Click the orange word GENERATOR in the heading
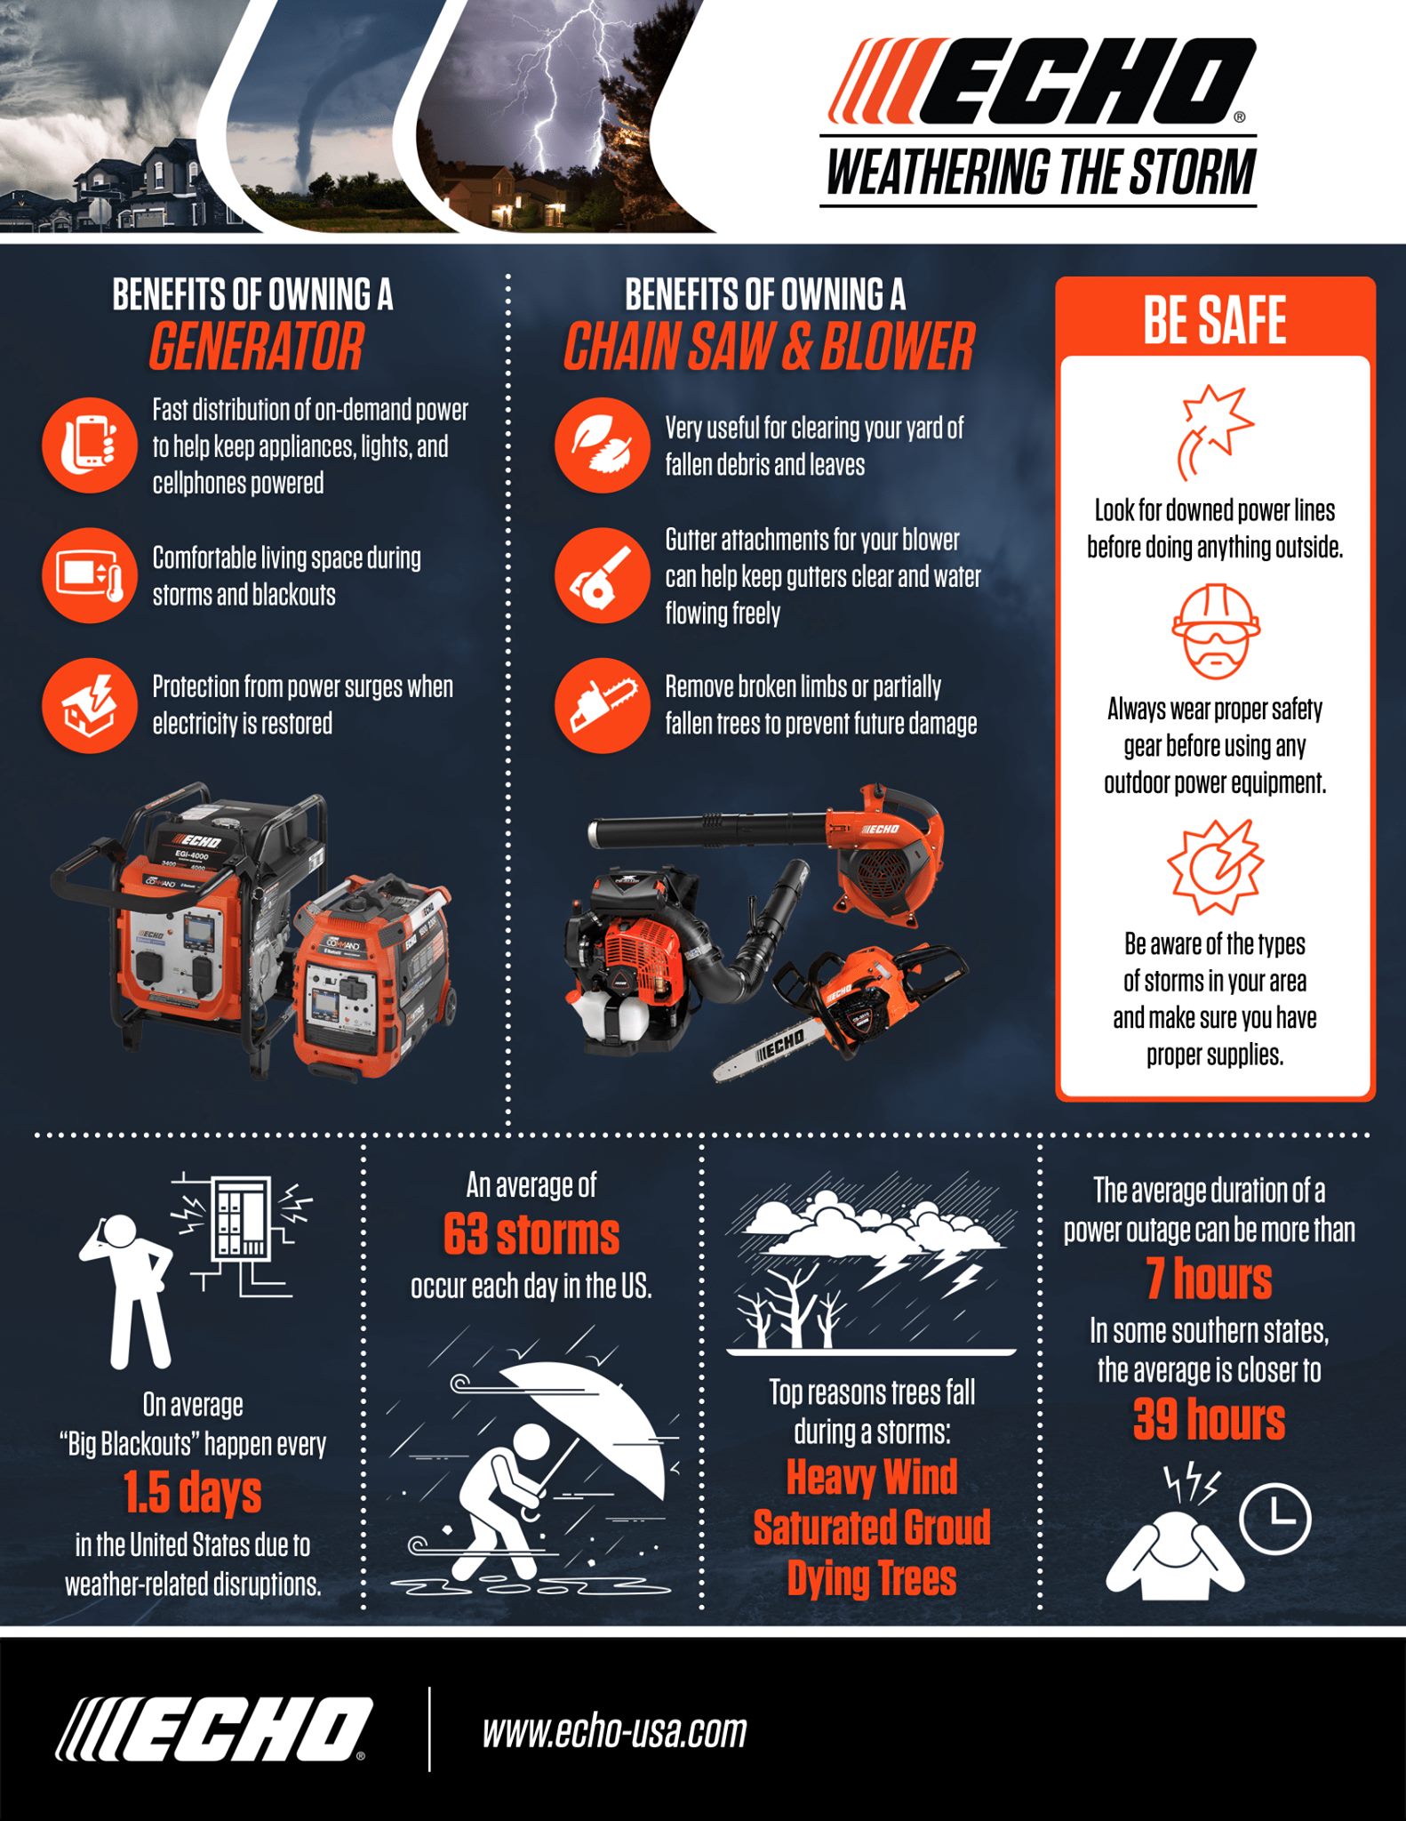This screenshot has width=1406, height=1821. point(256,346)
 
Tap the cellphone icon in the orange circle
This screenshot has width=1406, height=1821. point(89,445)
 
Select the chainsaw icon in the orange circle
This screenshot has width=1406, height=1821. point(602,706)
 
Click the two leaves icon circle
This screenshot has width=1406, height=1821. point(602,445)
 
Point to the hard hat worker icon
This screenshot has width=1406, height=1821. point(1215,631)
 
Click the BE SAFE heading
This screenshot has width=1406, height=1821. point(1215,320)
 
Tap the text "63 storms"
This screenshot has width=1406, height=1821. point(531,1235)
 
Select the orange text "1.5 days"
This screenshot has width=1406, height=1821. point(193,1492)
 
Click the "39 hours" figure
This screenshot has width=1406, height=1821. point(1210,1419)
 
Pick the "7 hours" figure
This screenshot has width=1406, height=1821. point(1210,1279)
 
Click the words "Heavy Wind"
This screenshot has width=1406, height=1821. point(872,1478)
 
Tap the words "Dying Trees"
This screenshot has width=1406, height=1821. point(872,1579)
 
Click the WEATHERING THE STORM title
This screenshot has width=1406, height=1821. point(1041,172)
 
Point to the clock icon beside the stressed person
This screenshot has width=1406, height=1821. point(1274,1518)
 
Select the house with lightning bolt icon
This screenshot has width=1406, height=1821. point(89,706)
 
